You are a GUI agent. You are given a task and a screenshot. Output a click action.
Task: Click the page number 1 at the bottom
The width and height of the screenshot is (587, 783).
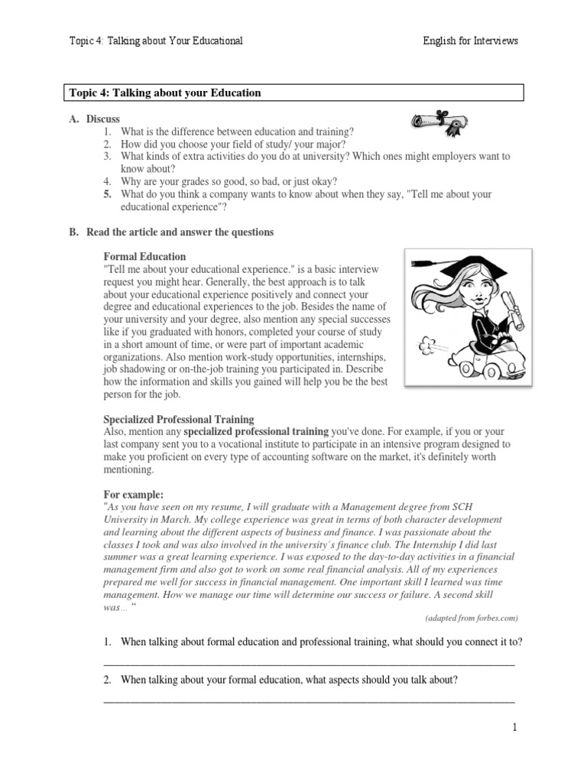point(515,728)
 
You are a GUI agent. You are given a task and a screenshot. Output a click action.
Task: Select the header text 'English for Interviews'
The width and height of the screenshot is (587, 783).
point(470,41)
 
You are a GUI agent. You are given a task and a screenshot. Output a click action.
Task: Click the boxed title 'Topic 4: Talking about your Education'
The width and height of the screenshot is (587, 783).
point(165,93)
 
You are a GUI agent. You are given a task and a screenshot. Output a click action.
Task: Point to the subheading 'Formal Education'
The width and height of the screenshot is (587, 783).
point(144,257)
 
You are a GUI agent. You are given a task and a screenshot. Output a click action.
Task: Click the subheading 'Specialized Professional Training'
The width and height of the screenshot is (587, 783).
point(179,420)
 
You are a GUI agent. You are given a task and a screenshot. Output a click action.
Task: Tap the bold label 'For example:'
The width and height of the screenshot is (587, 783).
point(133,495)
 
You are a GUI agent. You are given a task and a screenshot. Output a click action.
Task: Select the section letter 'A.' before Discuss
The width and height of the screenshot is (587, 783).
point(75,119)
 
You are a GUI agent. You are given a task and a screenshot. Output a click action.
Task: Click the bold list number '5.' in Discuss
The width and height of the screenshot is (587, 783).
point(109,194)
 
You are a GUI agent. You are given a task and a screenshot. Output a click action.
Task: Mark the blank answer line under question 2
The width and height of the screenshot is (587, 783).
point(308,700)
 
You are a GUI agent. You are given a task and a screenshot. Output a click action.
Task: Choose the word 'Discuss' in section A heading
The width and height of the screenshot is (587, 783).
point(102,119)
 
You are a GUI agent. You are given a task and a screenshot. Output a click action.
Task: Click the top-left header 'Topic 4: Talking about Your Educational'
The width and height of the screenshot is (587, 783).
point(156,41)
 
